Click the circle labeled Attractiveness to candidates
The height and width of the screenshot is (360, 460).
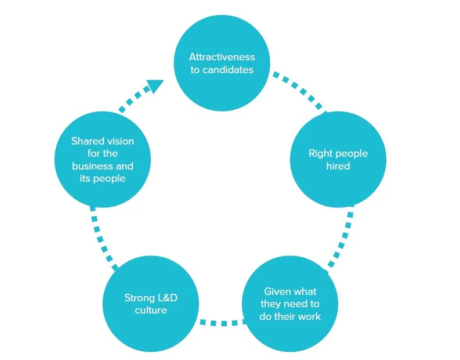[222, 64]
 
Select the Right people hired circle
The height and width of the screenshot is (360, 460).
[338, 160]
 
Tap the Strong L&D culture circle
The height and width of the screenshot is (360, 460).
[150, 304]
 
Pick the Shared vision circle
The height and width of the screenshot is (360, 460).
[103, 160]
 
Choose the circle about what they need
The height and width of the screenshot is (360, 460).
[290, 304]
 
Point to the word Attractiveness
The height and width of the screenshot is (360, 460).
[222, 57]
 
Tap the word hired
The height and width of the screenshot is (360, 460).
[338, 167]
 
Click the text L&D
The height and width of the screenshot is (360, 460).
[166, 298]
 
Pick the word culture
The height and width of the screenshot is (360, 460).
[151, 311]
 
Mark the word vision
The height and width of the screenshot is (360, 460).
[118, 141]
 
